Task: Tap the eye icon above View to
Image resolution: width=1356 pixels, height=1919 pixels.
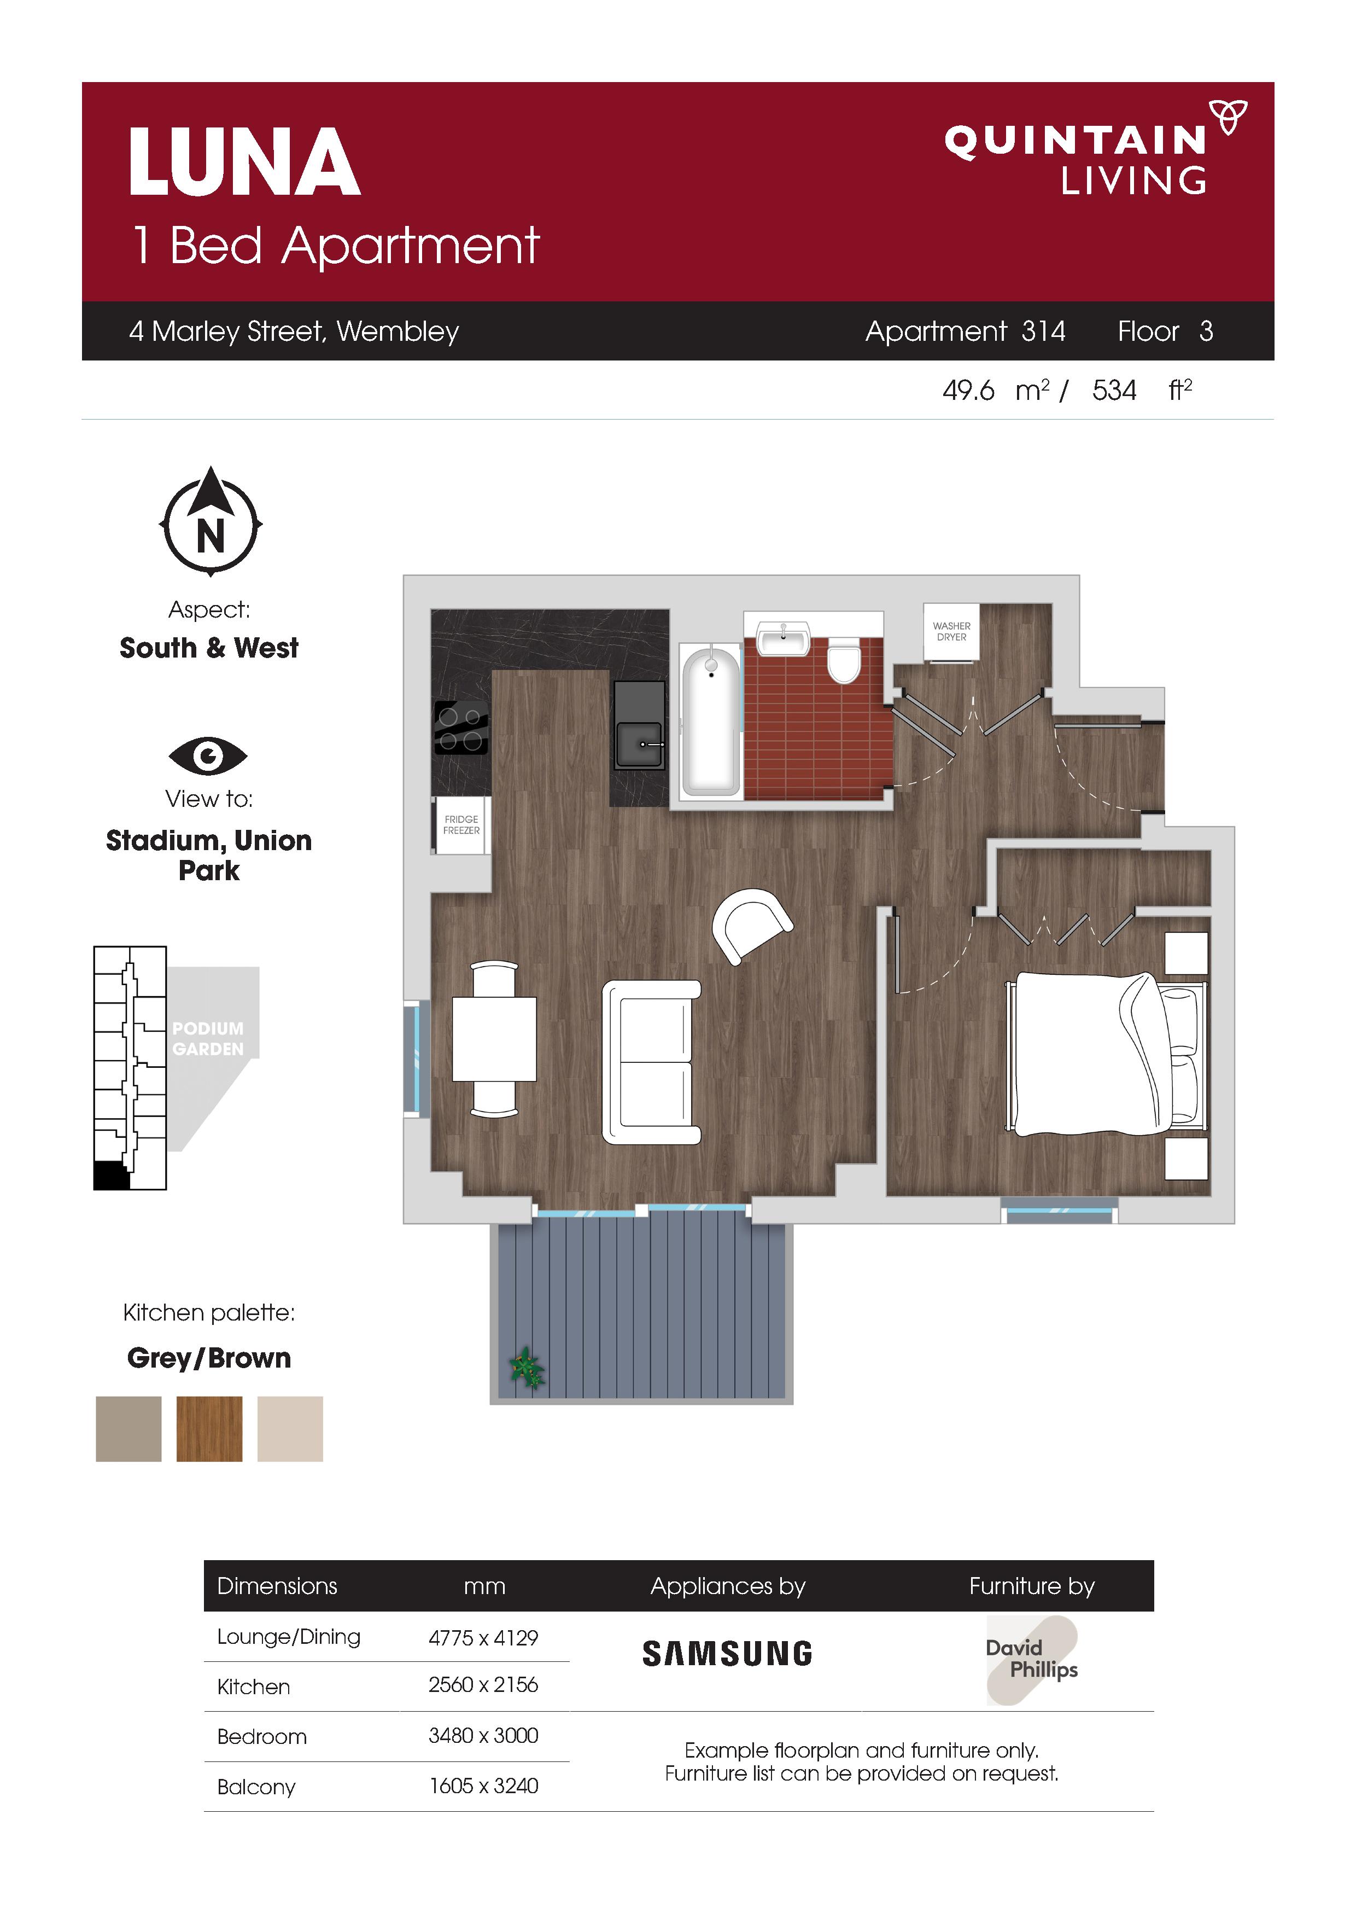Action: click(x=208, y=757)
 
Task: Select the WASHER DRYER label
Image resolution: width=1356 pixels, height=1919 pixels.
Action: click(x=951, y=631)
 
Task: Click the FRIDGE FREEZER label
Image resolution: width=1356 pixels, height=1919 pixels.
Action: click(x=461, y=825)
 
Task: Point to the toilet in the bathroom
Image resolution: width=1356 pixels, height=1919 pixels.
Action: click(x=843, y=660)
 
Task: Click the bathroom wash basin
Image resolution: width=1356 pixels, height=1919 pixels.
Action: click(x=783, y=638)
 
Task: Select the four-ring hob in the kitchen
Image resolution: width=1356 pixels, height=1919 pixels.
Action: click(x=461, y=728)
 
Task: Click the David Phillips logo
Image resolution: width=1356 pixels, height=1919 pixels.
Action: click(x=1032, y=1660)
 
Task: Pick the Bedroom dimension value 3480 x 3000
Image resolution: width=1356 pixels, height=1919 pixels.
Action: click(x=483, y=1735)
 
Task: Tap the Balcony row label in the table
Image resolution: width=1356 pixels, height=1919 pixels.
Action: click(x=256, y=1787)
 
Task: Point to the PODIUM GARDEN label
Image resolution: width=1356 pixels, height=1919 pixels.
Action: click(x=208, y=1038)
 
